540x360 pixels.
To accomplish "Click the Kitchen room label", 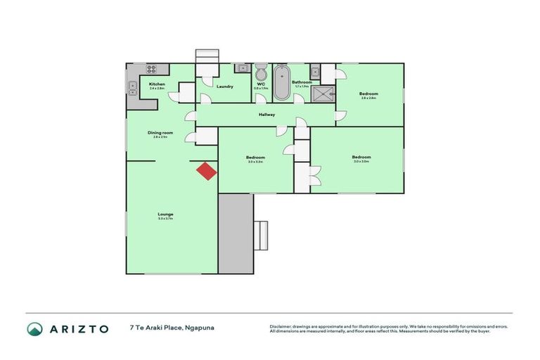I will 157,84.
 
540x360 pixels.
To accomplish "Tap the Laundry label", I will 224,86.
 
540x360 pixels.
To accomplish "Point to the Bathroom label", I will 302,82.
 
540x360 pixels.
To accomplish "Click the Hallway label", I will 266,115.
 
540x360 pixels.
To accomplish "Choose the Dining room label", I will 160,132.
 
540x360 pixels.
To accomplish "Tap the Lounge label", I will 166,214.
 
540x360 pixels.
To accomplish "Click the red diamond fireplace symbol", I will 206,171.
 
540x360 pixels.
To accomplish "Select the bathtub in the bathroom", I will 281,82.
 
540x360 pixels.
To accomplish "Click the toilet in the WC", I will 261,73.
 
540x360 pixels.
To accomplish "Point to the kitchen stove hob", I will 152,69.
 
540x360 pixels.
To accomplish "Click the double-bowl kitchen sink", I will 132,88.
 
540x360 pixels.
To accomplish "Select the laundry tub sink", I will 242,68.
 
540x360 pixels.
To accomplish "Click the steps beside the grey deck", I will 261,235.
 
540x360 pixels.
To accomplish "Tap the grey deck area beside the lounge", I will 235,233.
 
